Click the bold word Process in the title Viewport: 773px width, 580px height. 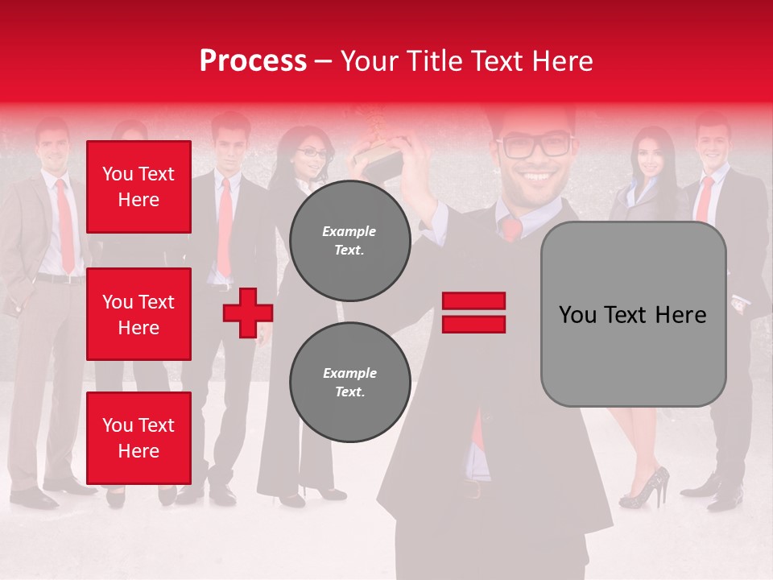(253, 60)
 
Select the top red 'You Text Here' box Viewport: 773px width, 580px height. (138, 187)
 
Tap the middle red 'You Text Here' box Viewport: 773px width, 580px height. (138, 314)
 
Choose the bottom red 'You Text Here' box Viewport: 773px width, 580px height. (138, 438)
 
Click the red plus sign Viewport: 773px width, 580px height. (248, 313)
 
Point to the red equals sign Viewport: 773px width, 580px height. (473, 313)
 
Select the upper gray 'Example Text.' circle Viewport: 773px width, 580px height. (350, 241)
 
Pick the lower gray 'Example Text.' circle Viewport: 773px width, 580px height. (350, 382)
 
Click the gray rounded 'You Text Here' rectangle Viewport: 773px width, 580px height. (633, 314)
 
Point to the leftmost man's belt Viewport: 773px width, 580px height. (60, 279)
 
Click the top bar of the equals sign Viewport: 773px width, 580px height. (473, 301)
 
